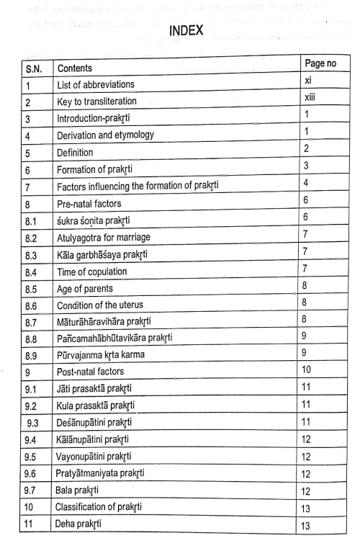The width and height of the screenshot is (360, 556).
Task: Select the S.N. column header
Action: coord(31,68)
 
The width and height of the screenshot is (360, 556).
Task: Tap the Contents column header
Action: coord(78,69)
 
